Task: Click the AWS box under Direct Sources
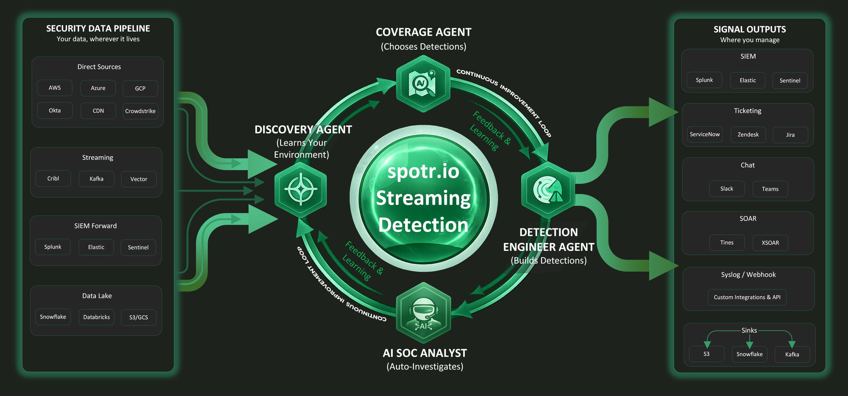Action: tap(55, 88)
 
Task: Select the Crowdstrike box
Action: tap(140, 111)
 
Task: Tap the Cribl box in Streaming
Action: tap(53, 178)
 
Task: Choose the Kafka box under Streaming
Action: tap(97, 179)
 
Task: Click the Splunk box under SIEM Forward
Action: tap(53, 247)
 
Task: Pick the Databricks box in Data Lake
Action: tap(97, 317)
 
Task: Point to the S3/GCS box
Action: tap(138, 318)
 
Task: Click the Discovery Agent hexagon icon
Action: tap(301, 189)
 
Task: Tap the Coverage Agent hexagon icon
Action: tap(423, 84)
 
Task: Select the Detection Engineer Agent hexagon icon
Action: tap(548, 190)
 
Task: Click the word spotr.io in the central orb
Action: tap(423, 171)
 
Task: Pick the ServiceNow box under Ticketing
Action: tap(705, 134)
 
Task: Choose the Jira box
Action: tap(790, 135)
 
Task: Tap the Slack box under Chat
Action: tap(727, 189)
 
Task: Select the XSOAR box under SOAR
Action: tap(770, 243)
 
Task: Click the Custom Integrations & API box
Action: tap(747, 297)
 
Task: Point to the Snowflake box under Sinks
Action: tap(749, 354)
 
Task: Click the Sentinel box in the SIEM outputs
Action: tap(790, 81)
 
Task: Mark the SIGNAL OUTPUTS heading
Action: tap(750, 30)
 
